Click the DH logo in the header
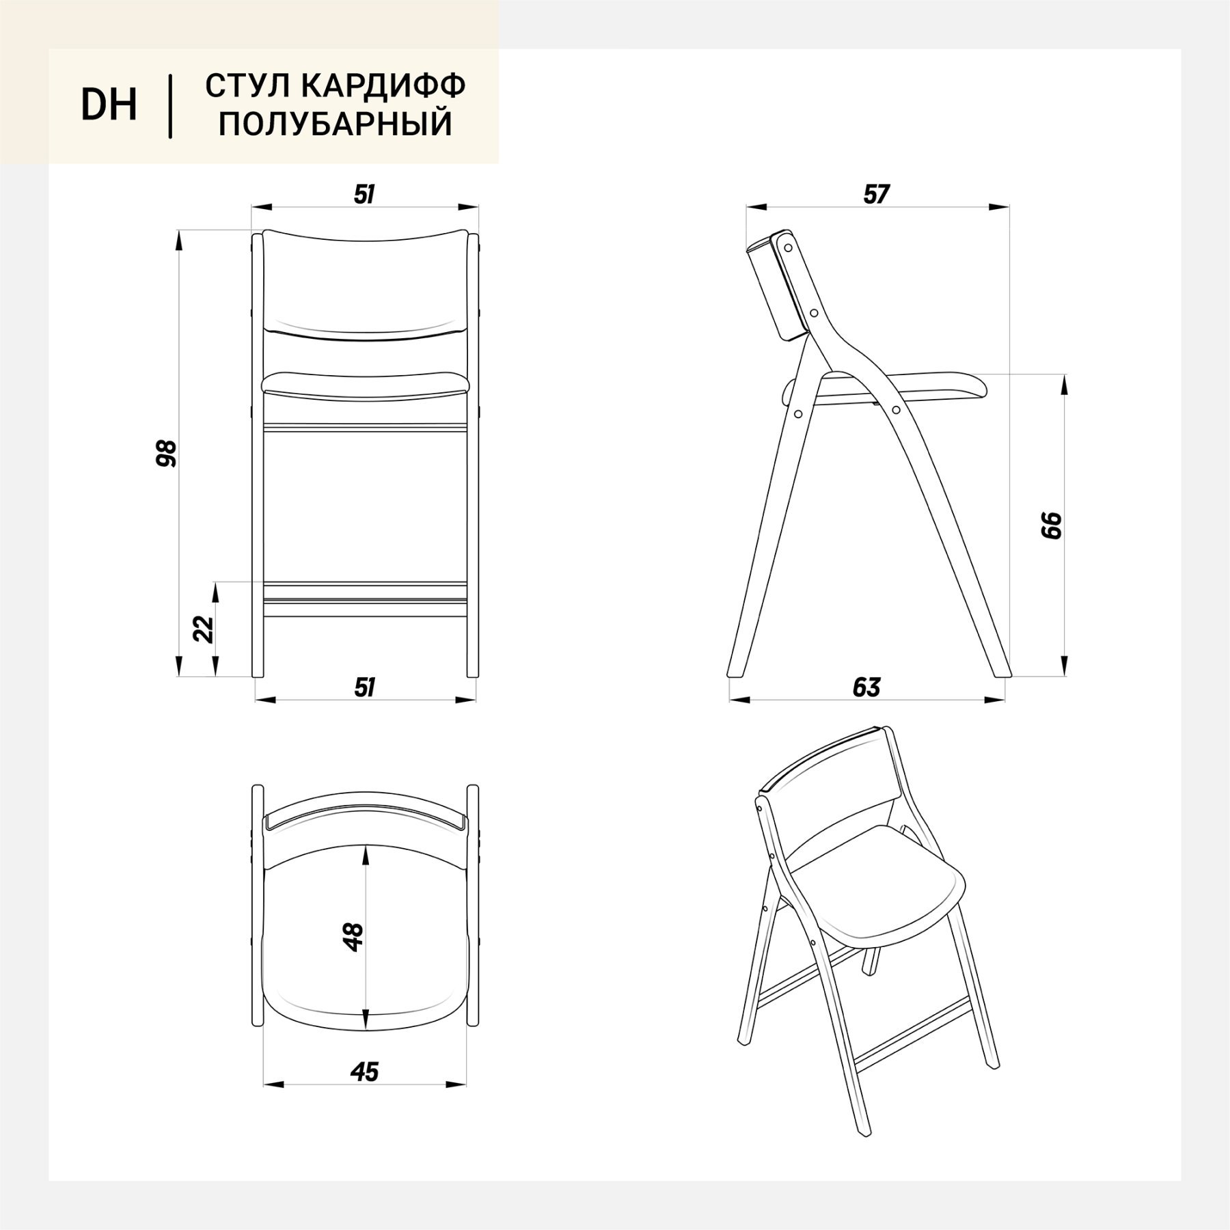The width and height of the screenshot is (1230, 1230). click(109, 105)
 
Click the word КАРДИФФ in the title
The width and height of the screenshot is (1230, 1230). click(383, 85)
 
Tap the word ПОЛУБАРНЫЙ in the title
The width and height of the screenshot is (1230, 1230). click(336, 124)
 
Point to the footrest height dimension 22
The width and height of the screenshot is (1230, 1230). click(204, 629)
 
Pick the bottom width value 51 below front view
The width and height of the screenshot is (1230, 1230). click(365, 687)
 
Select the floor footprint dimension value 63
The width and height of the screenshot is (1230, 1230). click(866, 687)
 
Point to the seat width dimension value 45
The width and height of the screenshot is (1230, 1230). click(364, 1072)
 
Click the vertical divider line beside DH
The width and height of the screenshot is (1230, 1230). click(170, 107)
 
